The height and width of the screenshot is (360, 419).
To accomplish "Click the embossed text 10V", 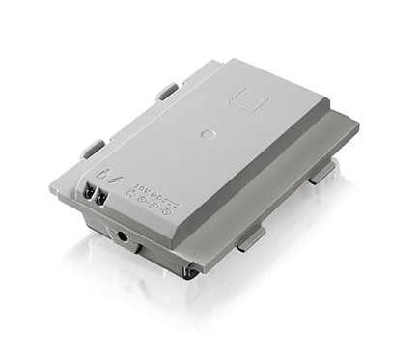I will pyautogui.click(x=142, y=189).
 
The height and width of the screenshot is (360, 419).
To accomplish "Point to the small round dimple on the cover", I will pyautogui.click(x=204, y=132).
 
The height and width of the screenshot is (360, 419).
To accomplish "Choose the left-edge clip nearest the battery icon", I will pyautogui.click(x=91, y=150).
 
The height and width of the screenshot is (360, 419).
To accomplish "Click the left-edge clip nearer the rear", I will pyautogui.click(x=166, y=93).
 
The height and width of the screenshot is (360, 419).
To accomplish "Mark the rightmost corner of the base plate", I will pyautogui.click(x=358, y=125).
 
